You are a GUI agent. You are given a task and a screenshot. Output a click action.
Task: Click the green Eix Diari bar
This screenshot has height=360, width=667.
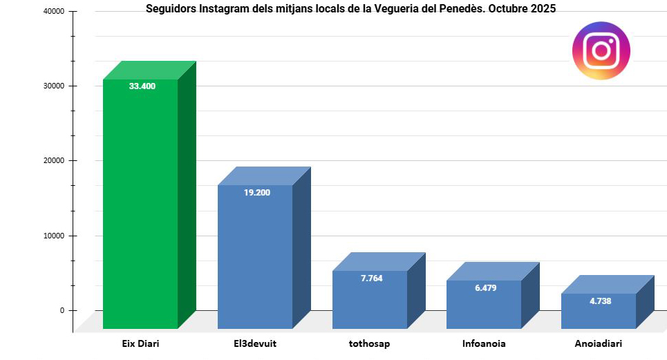140,207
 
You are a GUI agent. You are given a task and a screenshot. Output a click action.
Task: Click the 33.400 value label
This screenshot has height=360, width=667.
142,86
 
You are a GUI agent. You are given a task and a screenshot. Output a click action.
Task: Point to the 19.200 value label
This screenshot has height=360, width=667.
257,193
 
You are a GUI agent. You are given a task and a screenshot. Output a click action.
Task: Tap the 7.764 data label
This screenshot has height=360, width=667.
371,278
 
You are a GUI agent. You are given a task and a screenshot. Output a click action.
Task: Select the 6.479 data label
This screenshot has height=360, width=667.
486,287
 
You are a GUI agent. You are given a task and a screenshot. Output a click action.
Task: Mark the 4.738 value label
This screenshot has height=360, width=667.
600,301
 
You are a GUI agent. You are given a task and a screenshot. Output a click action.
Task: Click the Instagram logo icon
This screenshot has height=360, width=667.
601,50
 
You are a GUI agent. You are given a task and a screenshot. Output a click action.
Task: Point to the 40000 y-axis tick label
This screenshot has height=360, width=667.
53,12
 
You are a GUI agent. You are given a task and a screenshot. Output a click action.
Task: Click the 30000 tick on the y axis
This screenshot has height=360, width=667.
53,86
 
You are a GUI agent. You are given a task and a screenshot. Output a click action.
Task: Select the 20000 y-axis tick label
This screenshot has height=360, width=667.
53,161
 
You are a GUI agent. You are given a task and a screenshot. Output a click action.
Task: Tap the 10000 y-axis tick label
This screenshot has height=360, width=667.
53,236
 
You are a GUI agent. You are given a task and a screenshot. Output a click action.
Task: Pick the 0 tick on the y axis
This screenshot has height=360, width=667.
62,310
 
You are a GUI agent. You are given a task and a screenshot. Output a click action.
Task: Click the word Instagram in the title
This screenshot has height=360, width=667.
222,9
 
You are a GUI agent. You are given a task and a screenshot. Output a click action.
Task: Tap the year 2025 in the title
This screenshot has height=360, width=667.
543,9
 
